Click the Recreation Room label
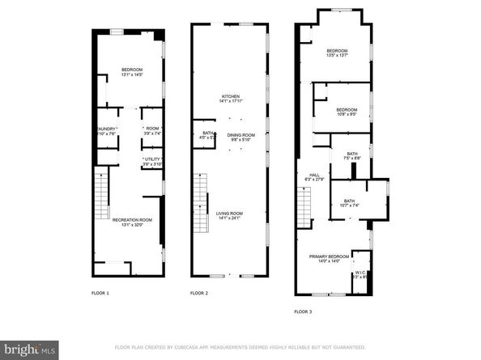tap(132, 222)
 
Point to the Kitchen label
tap(232, 100)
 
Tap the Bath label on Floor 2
tap(207, 135)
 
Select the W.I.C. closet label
tap(360, 274)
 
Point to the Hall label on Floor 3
tap(314, 176)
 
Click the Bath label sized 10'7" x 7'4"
tap(348, 203)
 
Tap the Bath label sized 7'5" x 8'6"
tap(351, 156)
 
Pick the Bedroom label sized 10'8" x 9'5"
tap(347, 112)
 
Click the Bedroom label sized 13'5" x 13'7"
tap(337, 53)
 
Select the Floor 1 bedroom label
tap(132, 72)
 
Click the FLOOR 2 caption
tap(198, 293)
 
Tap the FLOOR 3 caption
tap(302, 311)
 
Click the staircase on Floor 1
tap(100, 197)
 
